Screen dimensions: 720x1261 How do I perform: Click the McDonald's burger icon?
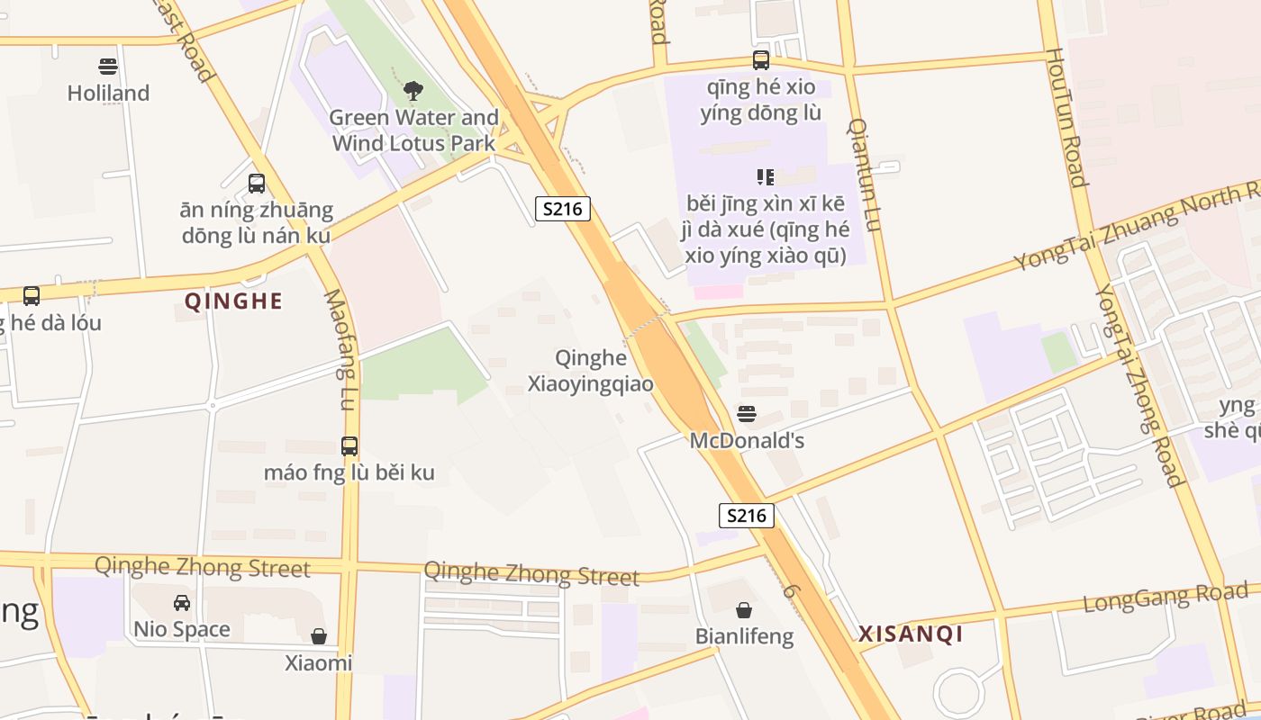[x=746, y=414]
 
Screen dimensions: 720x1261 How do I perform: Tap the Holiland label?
[x=108, y=93]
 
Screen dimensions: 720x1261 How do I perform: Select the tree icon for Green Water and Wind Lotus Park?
[x=413, y=90]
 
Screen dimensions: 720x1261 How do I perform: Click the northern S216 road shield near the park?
[x=563, y=209]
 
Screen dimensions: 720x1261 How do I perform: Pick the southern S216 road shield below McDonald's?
[x=747, y=516]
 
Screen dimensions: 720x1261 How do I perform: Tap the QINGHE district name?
[x=233, y=301]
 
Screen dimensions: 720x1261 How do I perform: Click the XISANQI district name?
[x=911, y=634]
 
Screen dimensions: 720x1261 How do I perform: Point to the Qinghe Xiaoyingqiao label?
[x=591, y=371]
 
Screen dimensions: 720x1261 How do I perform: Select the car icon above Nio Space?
[x=182, y=602]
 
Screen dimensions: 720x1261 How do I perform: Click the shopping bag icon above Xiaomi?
[x=319, y=636]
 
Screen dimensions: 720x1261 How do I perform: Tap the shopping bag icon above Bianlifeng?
[x=744, y=610]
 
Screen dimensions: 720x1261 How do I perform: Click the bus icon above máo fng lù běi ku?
[x=349, y=445]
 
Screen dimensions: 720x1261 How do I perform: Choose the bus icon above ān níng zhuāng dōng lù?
[x=257, y=184]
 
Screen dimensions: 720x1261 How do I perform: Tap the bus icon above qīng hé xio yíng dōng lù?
[x=761, y=60]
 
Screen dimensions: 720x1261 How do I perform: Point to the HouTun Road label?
[x=1066, y=117]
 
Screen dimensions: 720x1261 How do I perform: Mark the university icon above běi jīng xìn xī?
[x=766, y=176]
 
